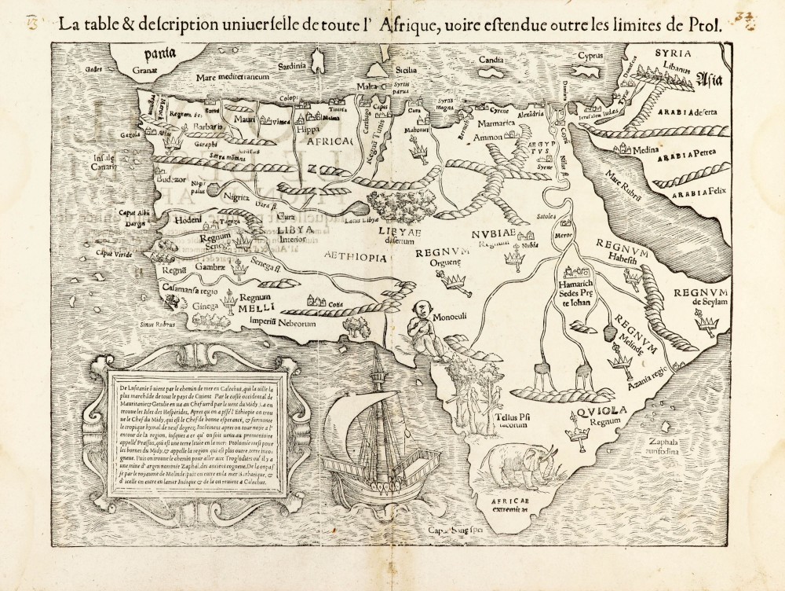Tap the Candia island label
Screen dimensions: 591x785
pos(493,59)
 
